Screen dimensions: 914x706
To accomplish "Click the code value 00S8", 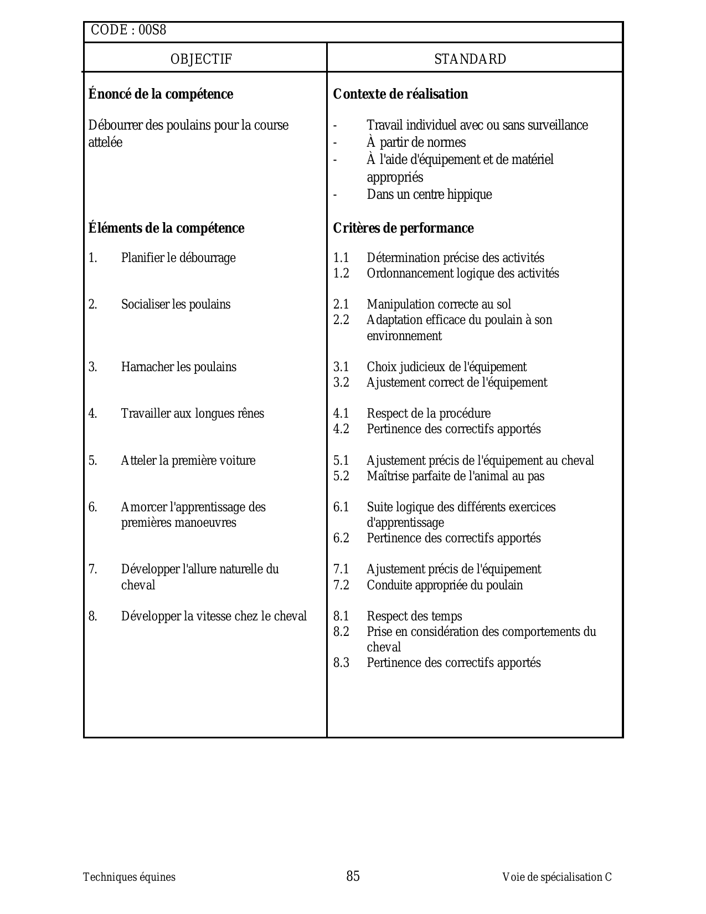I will (x=152, y=30).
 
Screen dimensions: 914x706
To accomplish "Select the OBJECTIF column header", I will (x=201, y=59).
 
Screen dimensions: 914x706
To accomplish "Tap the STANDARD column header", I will (x=470, y=59).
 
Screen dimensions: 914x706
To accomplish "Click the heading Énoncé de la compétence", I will (x=161, y=94).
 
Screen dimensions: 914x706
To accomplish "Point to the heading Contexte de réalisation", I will (x=400, y=94).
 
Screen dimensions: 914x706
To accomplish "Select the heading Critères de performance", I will (x=403, y=228).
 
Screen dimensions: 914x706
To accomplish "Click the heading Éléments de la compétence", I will (x=166, y=228).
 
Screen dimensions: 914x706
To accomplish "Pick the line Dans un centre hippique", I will (x=429, y=194).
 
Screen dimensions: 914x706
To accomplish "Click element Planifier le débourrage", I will (x=178, y=258).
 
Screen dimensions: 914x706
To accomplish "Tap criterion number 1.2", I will (x=341, y=274).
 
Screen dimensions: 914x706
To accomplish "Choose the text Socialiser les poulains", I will (x=176, y=305).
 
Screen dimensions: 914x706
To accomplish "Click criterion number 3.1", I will (x=341, y=367).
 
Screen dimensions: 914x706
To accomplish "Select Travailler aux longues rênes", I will (x=193, y=414).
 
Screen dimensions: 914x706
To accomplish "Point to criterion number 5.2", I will (x=341, y=476).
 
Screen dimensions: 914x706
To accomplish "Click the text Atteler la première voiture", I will (x=188, y=461).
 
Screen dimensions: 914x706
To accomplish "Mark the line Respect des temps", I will (x=414, y=617).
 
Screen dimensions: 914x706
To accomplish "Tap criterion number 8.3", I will (x=341, y=663).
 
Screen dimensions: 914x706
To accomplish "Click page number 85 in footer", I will (x=353, y=876).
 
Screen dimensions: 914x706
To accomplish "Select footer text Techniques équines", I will (x=129, y=877).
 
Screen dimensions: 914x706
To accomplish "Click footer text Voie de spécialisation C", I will (x=556, y=877).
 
